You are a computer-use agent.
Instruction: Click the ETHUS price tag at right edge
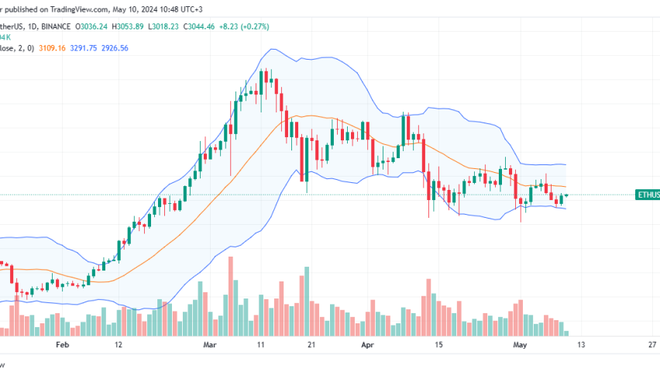pyautogui.click(x=647, y=195)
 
